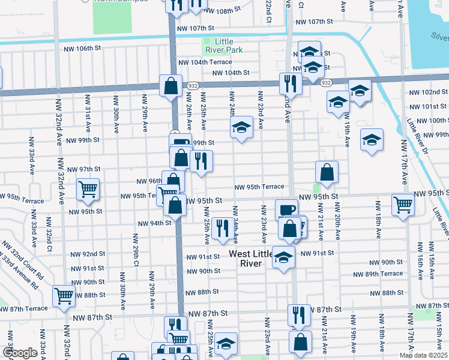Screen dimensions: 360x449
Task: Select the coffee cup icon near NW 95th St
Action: coord(286,209)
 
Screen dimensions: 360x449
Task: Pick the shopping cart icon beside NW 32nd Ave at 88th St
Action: coord(64,295)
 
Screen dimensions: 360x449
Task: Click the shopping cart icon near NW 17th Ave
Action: coord(403,204)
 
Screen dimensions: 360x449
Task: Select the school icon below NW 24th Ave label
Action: coord(241,127)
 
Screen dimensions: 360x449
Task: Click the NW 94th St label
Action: coord(155,223)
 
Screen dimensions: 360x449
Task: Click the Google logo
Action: coord(20,353)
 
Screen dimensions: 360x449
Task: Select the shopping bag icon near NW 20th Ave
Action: coord(327,172)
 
